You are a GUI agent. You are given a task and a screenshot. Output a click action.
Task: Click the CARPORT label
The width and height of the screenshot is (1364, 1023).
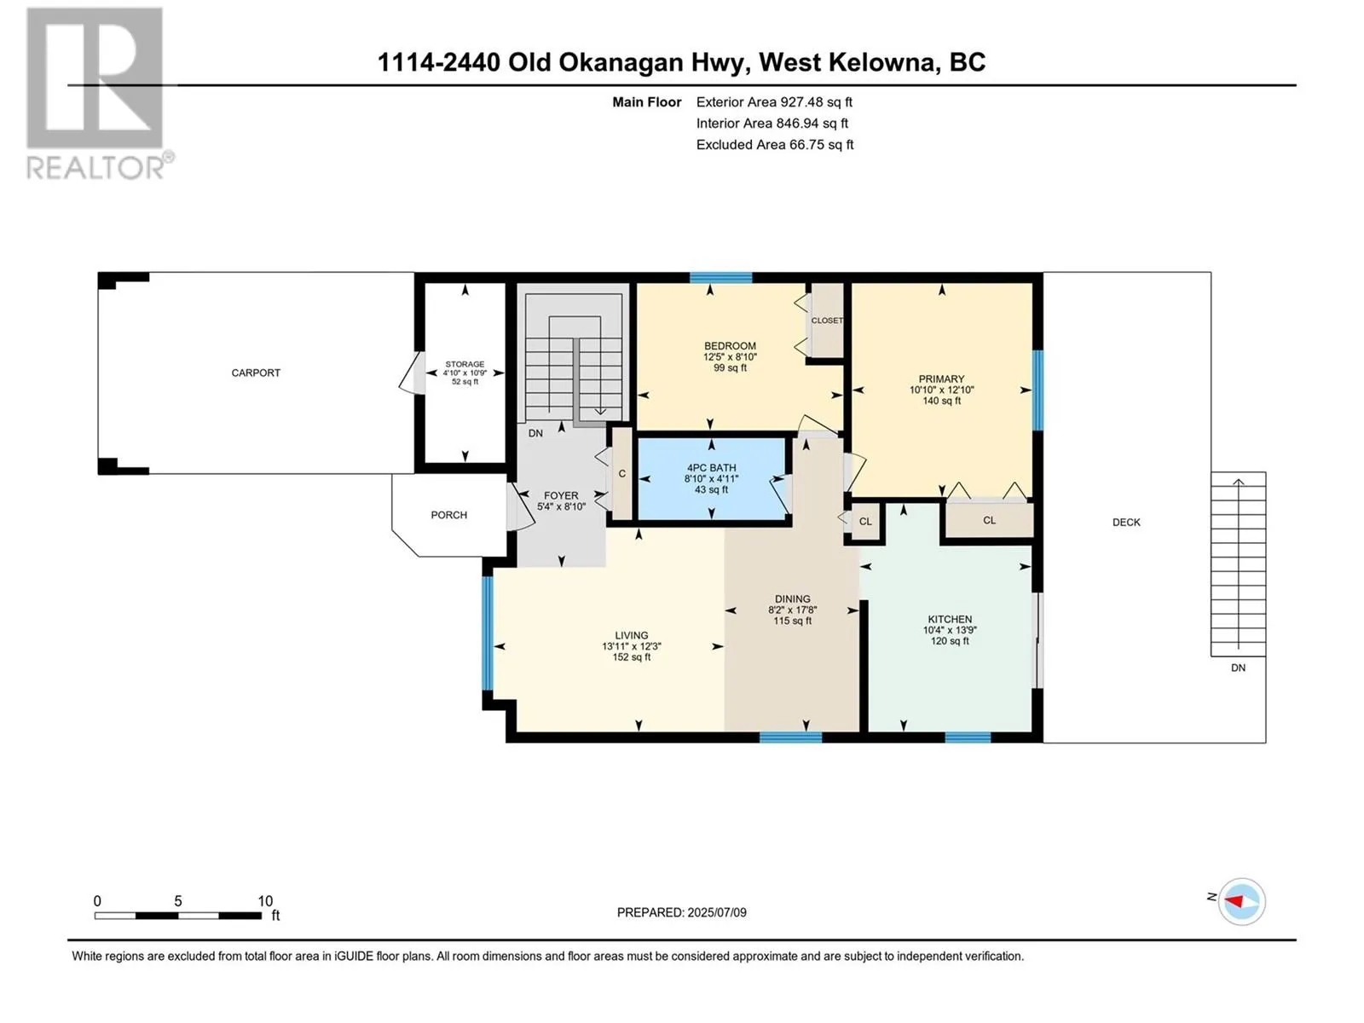[x=256, y=373]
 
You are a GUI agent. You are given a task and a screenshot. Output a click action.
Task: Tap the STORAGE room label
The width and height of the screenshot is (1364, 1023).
[x=465, y=364]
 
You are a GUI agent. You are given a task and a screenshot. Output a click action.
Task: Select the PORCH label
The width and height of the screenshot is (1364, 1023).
[x=448, y=515]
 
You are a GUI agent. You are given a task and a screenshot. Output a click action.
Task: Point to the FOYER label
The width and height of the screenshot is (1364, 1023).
[x=560, y=495]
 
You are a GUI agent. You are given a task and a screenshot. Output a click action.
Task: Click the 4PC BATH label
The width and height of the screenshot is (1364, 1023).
[x=711, y=468]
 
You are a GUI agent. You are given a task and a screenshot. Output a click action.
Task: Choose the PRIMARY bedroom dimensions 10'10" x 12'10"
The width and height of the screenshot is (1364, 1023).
[x=941, y=390]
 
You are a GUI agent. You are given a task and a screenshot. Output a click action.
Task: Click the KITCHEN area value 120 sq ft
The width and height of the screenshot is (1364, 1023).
[x=950, y=641]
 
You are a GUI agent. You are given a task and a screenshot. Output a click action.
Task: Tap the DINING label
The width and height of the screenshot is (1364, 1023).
[x=792, y=599]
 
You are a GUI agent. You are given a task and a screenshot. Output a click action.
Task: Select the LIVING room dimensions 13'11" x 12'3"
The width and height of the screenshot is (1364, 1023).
[x=632, y=646]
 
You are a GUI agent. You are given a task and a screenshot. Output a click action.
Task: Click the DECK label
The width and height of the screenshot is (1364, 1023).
[x=1126, y=523]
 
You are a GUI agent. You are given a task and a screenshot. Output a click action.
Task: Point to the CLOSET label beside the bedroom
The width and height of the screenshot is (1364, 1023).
[x=827, y=321]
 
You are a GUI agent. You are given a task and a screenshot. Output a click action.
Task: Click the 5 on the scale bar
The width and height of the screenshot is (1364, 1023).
[x=177, y=900]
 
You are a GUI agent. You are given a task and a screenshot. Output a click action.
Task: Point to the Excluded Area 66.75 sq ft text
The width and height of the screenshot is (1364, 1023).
[x=774, y=145]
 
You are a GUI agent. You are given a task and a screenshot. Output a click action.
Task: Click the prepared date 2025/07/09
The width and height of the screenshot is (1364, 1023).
[x=716, y=912]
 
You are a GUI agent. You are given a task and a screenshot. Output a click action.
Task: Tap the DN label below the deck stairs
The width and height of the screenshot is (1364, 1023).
[x=1238, y=668]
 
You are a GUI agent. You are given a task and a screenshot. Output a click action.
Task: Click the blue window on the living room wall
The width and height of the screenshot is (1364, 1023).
[x=487, y=633]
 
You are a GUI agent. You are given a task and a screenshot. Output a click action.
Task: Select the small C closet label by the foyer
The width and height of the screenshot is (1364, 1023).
[x=622, y=474]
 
